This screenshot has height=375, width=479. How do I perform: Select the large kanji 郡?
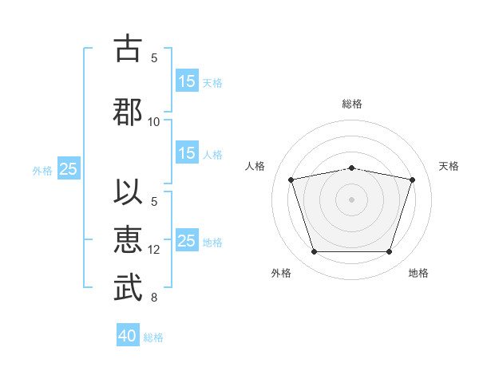pyautogui.click(x=128, y=112)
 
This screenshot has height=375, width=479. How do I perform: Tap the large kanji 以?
pyautogui.click(x=128, y=191)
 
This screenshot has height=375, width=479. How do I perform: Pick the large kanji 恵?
pyautogui.click(x=128, y=240)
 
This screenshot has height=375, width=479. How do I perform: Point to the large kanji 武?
pyautogui.click(x=128, y=287)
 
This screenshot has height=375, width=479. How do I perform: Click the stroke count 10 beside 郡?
pyautogui.click(x=153, y=122)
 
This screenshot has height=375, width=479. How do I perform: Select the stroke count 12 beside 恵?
pyautogui.click(x=153, y=250)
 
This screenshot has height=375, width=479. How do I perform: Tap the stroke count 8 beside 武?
pyautogui.click(x=154, y=298)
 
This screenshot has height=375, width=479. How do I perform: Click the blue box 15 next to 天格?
pyautogui.click(x=187, y=81)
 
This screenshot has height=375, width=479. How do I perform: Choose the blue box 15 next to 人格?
pyautogui.click(x=187, y=152)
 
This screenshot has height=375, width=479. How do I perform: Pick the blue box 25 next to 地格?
pyautogui.click(x=187, y=240)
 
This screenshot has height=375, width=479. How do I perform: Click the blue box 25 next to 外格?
pyautogui.click(x=69, y=168)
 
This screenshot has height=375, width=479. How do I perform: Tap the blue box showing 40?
pyautogui.click(x=128, y=334)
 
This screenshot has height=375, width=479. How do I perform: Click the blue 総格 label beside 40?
pyautogui.click(x=153, y=337)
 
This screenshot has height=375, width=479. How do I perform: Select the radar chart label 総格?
pyautogui.click(x=352, y=104)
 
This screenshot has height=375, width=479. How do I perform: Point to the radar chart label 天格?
pyautogui.click(x=449, y=166)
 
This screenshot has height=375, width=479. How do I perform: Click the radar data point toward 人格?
pyautogui.click(x=291, y=180)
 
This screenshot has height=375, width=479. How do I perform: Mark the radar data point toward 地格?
pyautogui.click(x=390, y=252)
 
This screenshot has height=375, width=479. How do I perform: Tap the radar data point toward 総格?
pyautogui.click(x=351, y=168)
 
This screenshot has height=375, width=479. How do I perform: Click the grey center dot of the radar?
pyautogui.click(x=351, y=199)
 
